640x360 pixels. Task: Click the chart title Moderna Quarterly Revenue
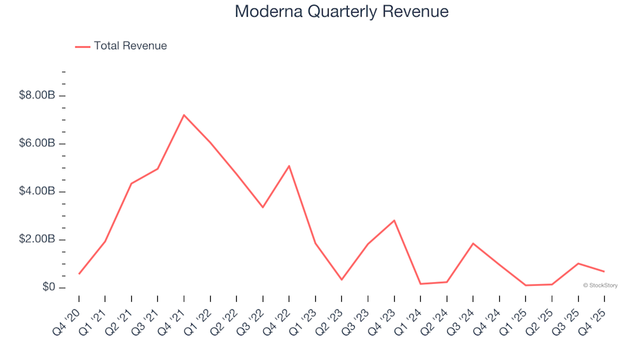coord(341,12)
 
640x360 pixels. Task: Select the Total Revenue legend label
coord(130,46)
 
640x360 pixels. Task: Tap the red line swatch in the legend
coord(83,47)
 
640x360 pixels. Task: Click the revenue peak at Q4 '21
coord(184,115)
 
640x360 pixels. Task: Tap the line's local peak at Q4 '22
coord(289,166)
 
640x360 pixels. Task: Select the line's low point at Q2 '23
coord(341,279)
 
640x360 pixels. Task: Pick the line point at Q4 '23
coord(394,221)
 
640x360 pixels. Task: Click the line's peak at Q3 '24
coord(473,243)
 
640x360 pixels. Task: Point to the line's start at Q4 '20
coord(79,273)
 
